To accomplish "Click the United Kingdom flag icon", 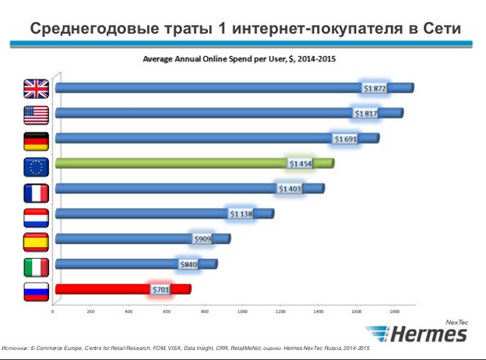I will tap(36, 89).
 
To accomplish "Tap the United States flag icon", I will tap(36, 115).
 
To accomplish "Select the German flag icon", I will tap(36, 140).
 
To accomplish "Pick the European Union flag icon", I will tap(36, 166).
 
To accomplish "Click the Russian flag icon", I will tap(36, 291).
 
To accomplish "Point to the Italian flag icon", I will tap(36, 266).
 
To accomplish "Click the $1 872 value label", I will tap(375, 89).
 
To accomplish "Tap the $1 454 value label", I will tap(300, 164).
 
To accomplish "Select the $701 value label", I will tap(160, 290).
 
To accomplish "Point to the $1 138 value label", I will tap(241, 214).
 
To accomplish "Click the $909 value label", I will tap(201, 238).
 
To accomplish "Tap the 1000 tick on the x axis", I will tap(242, 312).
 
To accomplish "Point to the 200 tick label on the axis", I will tap(90, 312).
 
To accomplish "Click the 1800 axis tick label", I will tap(394, 312).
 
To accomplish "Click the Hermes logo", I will tap(428, 334).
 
